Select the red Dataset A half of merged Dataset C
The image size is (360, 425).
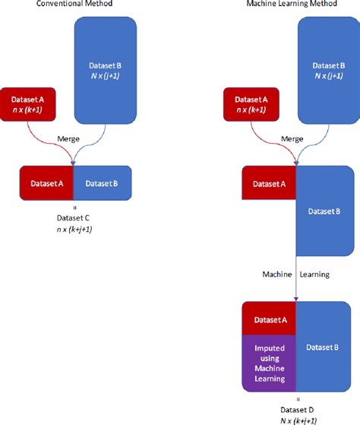click(46, 183)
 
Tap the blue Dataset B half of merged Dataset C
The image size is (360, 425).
click(103, 183)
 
